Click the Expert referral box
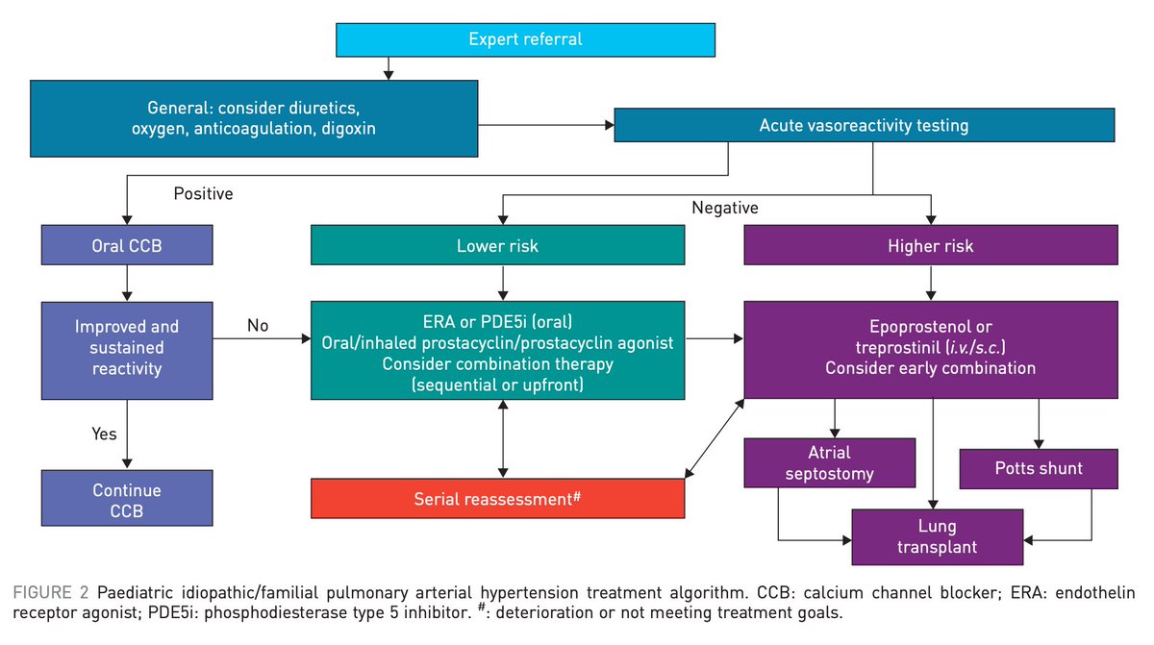(x=525, y=39)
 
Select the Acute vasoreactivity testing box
(x=864, y=126)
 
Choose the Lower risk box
(x=497, y=246)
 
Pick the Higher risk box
(x=931, y=246)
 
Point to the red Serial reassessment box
(x=497, y=499)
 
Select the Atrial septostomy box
(x=830, y=462)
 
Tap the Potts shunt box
(x=1039, y=468)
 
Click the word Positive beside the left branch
(x=203, y=194)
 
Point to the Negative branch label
(x=725, y=208)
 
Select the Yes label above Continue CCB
(x=104, y=434)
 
